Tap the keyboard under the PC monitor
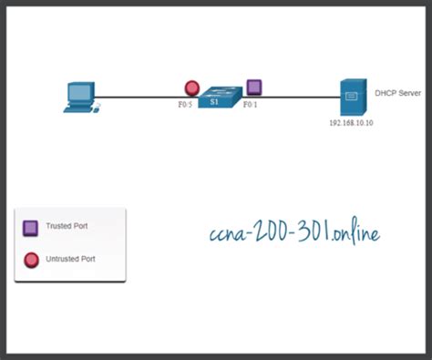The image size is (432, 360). (79, 108)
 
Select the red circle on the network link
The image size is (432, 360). (191, 88)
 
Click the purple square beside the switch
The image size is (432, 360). (254, 87)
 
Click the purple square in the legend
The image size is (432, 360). (30, 226)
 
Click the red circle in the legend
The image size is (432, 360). (30, 260)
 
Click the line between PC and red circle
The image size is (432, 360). (137, 96)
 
